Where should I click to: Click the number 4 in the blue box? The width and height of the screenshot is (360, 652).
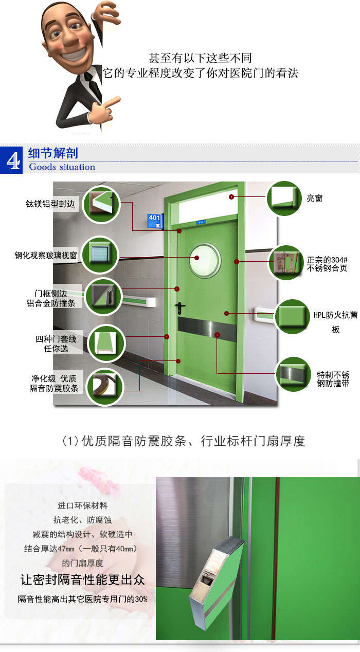[x=11, y=160]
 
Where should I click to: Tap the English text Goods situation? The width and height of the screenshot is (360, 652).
[x=62, y=167]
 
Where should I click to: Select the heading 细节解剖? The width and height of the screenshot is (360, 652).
[x=53, y=154]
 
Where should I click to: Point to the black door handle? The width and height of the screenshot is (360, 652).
[x=181, y=307]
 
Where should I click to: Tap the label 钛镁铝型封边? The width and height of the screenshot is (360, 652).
[x=50, y=204]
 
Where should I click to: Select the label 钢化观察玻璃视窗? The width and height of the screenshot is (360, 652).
[x=46, y=255]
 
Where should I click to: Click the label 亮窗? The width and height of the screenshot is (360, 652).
[x=314, y=198]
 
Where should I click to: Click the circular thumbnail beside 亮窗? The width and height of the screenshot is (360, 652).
[x=283, y=197]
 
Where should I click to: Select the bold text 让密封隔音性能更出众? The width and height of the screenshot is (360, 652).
[x=82, y=580]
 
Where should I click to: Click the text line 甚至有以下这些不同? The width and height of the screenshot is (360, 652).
[x=200, y=58]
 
